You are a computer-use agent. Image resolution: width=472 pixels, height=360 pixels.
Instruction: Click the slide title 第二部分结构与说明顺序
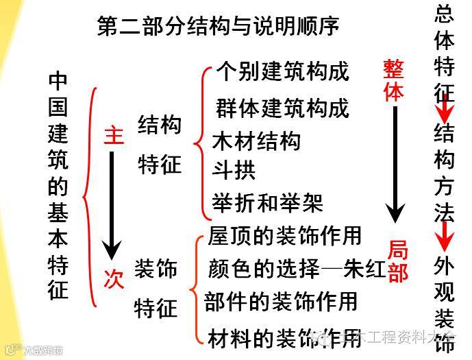click(219, 26)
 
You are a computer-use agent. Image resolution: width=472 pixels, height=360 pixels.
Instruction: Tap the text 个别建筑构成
click(282, 71)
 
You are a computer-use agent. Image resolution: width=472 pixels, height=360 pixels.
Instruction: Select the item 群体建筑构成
click(282, 108)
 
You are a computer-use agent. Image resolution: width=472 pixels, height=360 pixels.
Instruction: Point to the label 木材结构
click(257, 141)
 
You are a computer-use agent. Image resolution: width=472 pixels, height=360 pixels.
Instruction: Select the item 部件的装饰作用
click(282, 301)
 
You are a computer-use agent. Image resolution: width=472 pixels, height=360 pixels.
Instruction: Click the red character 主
click(114, 135)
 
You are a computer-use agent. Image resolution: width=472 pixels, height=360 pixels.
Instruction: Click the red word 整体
click(393, 80)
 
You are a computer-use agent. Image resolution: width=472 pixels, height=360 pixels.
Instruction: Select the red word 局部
click(397, 261)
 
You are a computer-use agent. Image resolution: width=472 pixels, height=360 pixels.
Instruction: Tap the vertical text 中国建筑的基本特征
click(59, 185)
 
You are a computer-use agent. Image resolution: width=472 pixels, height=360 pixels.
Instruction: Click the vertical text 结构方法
click(445, 171)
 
